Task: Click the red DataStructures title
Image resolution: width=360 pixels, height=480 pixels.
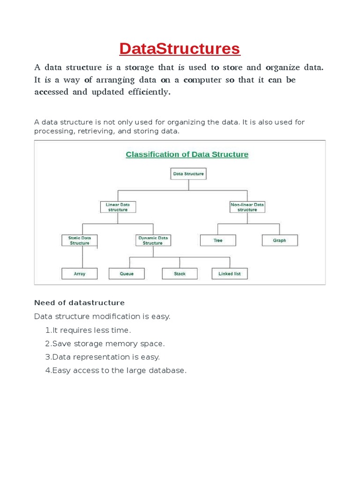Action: pyautogui.click(x=180, y=49)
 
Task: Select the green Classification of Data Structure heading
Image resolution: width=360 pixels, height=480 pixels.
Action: pyautogui.click(x=187, y=154)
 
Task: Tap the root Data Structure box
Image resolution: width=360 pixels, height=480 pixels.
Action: pyautogui.click(x=188, y=174)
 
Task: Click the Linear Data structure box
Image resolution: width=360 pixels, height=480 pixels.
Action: pyautogui.click(x=118, y=207)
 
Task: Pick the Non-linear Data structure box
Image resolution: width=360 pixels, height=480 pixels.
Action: pyautogui.click(x=247, y=207)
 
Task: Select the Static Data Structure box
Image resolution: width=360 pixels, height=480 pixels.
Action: pyautogui.click(x=80, y=240)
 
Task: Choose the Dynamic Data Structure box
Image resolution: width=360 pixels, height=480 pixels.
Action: pyautogui.click(x=152, y=240)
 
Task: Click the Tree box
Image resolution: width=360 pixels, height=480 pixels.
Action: pyautogui.click(x=218, y=240)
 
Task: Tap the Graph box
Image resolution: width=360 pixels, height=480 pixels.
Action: pyautogui.click(x=279, y=240)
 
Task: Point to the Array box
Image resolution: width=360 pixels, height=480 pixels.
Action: pyautogui.click(x=80, y=274)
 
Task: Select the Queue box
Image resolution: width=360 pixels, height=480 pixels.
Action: pyautogui.click(x=127, y=274)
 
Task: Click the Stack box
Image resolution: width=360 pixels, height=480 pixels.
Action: pyautogui.click(x=180, y=274)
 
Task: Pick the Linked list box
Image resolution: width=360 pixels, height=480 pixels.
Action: pyautogui.click(x=229, y=274)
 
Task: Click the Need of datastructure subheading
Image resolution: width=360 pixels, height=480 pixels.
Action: pyautogui.click(x=79, y=303)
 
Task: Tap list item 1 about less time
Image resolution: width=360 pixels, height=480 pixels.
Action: pyautogui.click(x=89, y=330)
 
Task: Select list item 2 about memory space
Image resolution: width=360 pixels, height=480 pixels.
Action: pyautogui.click(x=105, y=344)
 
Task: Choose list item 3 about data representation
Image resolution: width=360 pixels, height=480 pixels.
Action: pyautogui.click(x=103, y=357)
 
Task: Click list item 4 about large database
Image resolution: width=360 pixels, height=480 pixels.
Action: pyautogui.click(x=116, y=370)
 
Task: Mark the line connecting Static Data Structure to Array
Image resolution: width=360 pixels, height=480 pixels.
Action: pyautogui.click(x=83, y=257)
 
